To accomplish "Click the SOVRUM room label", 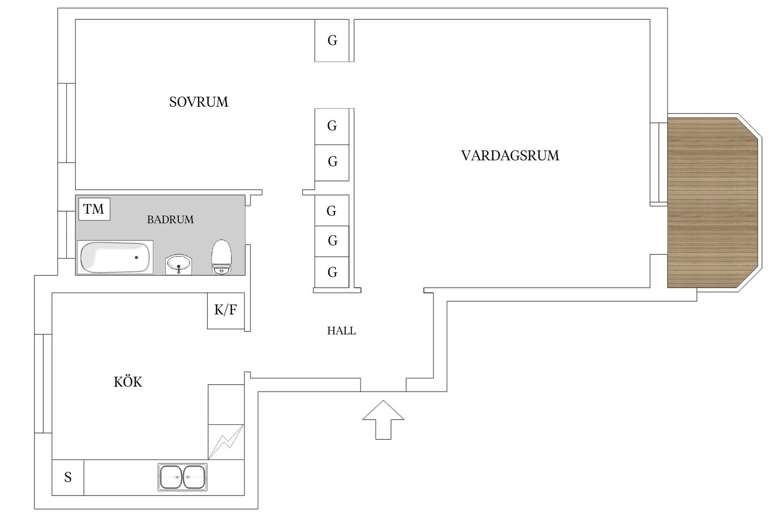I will click(x=199, y=102).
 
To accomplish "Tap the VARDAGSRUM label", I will click(x=510, y=156).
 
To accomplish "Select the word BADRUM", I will click(x=170, y=220).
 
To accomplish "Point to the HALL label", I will click(x=341, y=331).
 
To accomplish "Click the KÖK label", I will click(x=128, y=382).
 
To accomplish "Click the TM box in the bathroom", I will click(x=94, y=209).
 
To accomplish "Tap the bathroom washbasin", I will click(x=178, y=264).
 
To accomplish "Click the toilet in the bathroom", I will click(x=222, y=258).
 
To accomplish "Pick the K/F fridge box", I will click(x=226, y=310).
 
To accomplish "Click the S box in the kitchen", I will click(x=68, y=477).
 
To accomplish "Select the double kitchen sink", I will click(x=182, y=477).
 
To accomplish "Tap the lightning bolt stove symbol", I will click(x=226, y=442).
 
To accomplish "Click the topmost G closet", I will click(x=332, y=40).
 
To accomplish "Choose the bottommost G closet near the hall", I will click(x=332, y=273).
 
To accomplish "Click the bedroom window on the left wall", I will click(x=67, y=123).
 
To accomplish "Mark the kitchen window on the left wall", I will click(x=43, y=383).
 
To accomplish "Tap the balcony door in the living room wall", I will click(x=658, y=163).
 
